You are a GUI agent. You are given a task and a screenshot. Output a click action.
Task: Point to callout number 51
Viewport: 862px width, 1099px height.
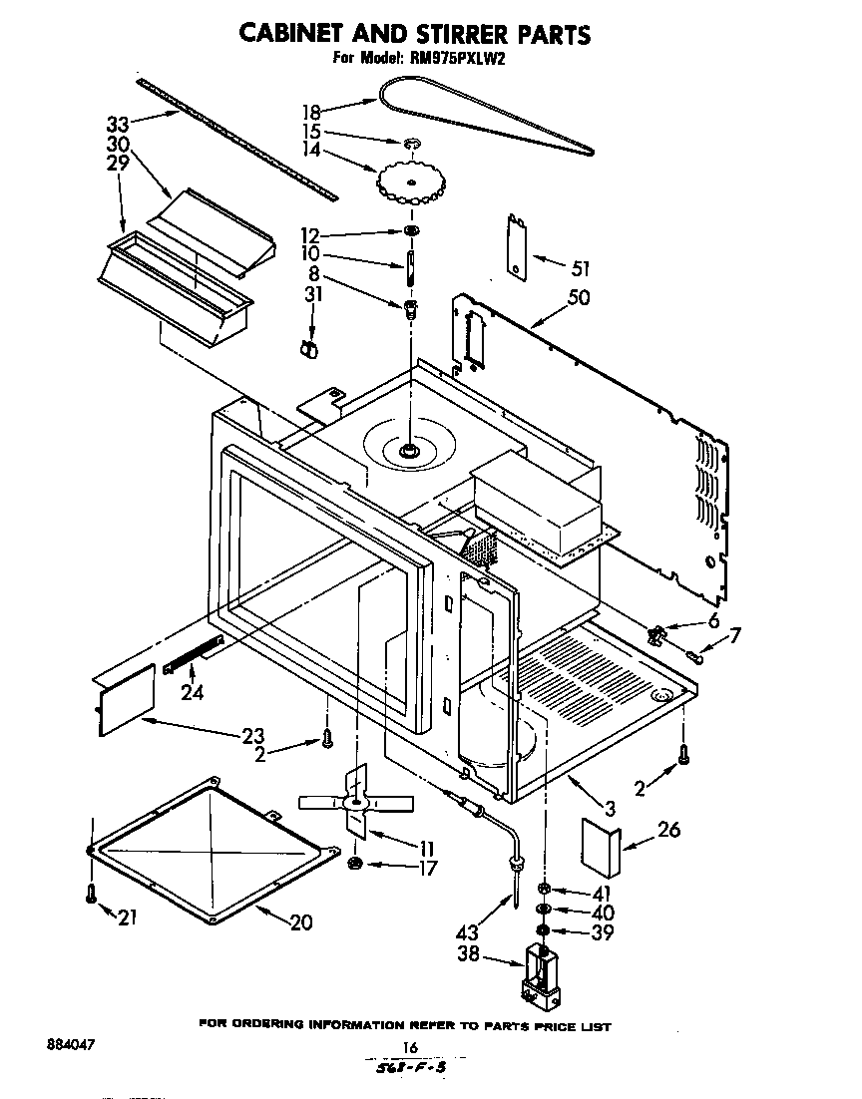coord(580,268)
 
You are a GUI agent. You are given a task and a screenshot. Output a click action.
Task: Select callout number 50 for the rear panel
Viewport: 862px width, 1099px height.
coord(579,298)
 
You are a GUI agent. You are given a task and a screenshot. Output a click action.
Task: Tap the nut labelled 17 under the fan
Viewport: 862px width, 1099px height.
coord(356,863)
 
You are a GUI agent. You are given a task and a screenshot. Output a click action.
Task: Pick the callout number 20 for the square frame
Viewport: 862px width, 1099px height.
coord(300,922)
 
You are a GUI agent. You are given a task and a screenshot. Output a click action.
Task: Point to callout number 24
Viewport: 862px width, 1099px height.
coord(192,692)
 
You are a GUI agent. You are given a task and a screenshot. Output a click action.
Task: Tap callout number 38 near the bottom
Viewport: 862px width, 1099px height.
coord(469,953)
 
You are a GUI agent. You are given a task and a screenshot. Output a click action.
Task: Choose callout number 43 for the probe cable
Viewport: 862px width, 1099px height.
coord(466,932)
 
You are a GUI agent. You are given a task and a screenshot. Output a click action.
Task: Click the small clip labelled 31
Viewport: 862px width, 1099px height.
coord(309,348)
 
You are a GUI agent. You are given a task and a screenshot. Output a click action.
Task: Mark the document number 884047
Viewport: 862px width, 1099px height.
coord(73,1046)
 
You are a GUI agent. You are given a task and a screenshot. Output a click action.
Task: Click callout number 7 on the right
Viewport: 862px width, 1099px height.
coord(734,634)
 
